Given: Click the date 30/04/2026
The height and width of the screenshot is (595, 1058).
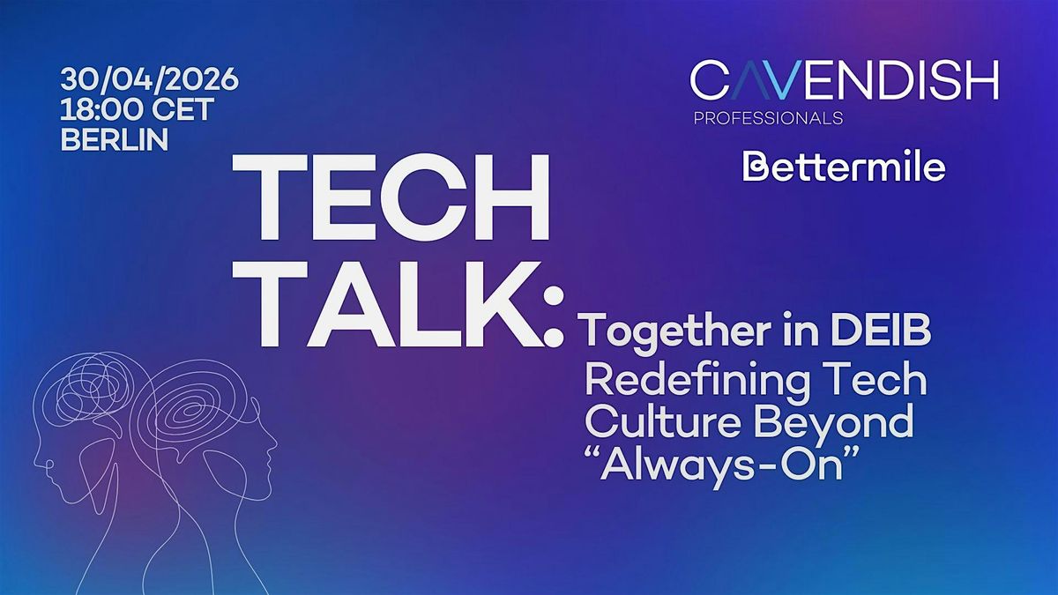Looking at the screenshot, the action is (x=149, y=79).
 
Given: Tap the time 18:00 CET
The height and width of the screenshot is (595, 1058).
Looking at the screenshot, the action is (x=137, y=109).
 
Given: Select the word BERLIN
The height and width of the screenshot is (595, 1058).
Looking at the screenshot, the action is (x=115, y=139).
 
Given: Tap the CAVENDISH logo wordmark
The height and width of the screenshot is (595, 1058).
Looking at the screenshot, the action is (x=845, y=80).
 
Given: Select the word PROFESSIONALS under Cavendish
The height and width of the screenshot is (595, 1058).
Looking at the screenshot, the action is (x=769, y=118).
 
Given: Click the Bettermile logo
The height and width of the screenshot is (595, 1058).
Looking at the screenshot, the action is (x=844, y=167).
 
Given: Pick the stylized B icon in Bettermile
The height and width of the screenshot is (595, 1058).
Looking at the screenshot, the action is (x=755, y=167).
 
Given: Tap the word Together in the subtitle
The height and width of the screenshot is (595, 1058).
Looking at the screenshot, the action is (x=678, y=333).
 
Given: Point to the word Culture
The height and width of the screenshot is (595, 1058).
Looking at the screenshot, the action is (x=662, y=421).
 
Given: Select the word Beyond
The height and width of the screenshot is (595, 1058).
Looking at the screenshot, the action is (x=834, y=424).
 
